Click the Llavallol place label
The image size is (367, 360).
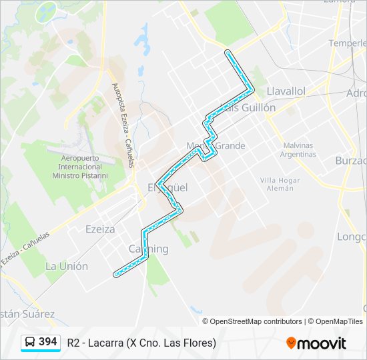click(286, 91)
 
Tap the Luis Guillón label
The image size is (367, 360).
click(248, 107)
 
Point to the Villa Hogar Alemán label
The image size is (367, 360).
click(276, 184)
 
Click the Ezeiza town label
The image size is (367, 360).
click(100, 229)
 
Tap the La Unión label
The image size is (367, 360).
click(66, 266)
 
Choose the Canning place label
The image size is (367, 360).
click(148, 249)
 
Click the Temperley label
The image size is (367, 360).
click(347, 43)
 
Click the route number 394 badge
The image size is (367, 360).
click(47, 342)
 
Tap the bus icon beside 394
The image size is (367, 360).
click(30, 343)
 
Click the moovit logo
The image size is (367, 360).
click(316, 343)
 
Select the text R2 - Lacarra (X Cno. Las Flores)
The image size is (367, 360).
click(141, 343)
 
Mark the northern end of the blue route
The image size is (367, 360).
click(228, 52)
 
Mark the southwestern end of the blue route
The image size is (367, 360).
click(116, 274)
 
